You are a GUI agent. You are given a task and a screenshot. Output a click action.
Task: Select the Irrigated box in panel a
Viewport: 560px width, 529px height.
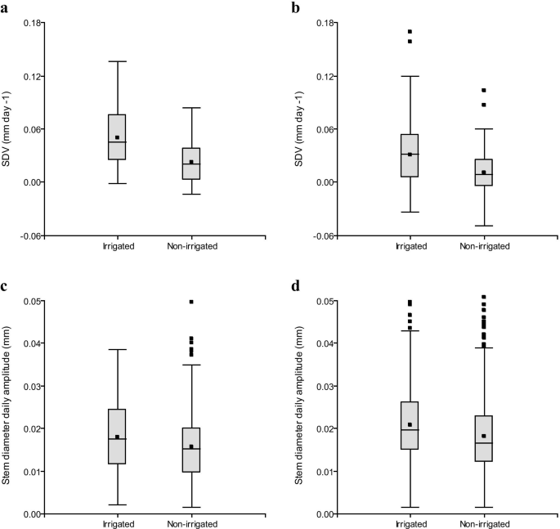pyautogui.click(x=117, y=137)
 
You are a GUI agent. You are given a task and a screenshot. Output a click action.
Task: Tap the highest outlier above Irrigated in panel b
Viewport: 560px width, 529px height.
pyautogui.click(x=410, y=32)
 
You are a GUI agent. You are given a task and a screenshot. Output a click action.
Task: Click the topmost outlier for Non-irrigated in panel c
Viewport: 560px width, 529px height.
pyautogui.click(x=191, y=302)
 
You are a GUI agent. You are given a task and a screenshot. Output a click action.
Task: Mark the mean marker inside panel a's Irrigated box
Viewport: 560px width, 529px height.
pyautogui.click(x=117, y=137)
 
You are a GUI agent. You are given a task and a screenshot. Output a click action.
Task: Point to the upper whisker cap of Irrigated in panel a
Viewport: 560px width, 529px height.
pyautogui.click(x=117, y=61)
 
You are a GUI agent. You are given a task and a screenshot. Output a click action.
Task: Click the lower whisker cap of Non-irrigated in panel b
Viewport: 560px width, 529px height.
pyautogui.click(x=484, y=226)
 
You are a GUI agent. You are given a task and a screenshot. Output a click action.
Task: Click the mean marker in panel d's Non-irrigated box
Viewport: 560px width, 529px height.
pyautogui.click(x=484, y=436)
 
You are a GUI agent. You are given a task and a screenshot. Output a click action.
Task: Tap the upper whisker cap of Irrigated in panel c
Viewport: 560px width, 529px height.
pyautogui.click(x=117, y=350)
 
